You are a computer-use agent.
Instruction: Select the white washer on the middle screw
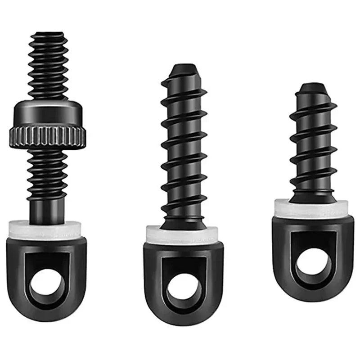182,234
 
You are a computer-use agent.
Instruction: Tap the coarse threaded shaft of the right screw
313,144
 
